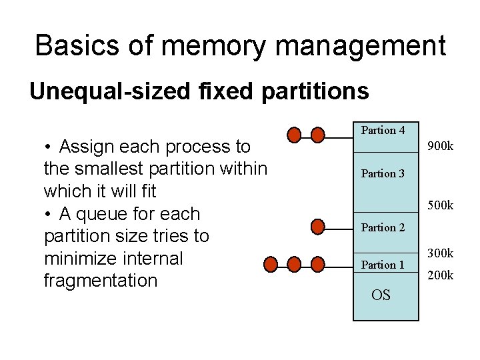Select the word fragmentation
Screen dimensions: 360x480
[100, 281]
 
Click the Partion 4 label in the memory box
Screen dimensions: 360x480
[383, 130]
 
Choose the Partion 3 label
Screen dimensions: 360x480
[383, 173]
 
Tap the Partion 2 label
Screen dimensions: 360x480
[383, 227]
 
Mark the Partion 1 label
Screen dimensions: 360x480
[383, 265]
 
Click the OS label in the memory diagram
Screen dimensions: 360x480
[382, 295]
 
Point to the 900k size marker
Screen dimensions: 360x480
[440, 145]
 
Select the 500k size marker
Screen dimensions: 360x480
[440, 205]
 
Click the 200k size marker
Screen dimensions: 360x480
[440, 274]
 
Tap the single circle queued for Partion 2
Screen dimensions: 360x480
[318, 225]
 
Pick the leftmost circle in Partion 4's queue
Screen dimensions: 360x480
[295, 135]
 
